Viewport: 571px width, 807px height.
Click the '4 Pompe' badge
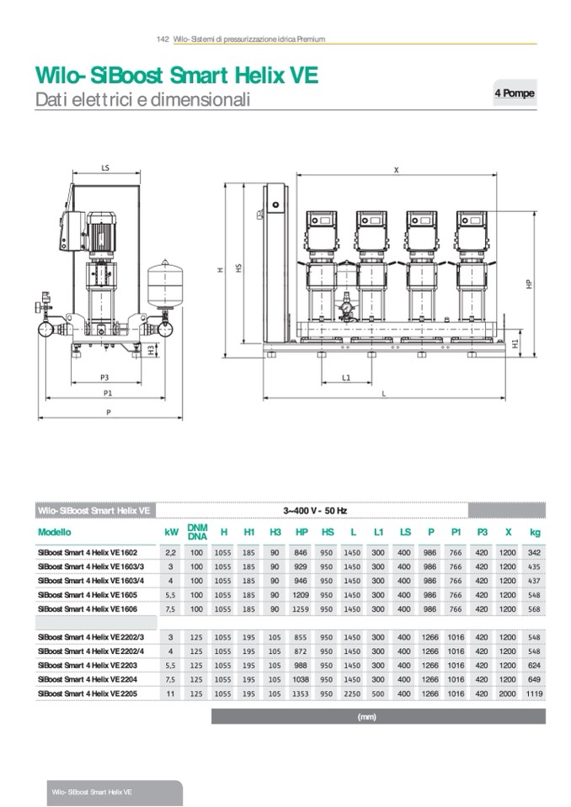pyautogui.click(x=514, y=94)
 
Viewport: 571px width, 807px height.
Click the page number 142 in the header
pyautogui.click(x=163, y=40)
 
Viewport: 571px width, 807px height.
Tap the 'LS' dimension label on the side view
pyautogui.click(x=105, y=168)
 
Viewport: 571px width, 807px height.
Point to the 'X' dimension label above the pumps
pyautogui.click(x=396, y=170)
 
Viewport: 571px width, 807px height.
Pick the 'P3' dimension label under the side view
pyautogui.click(x=104, y=378)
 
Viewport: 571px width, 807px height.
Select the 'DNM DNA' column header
pyautogui.click(x=197, y=532)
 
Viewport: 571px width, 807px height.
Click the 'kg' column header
pyautogui.click(x=534, y=532)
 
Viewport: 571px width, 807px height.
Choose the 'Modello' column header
pyautogui.click(x=55, y=532)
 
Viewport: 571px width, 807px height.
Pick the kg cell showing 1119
pyautogui.click(x=534, y=694)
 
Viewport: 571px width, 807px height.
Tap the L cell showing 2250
pyautogui.click(x=353, y=694)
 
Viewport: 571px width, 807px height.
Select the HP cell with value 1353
pyautogui.click(x=302, y=694)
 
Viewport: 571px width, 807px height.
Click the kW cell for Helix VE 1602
pyautogui.click(x=171, y=553)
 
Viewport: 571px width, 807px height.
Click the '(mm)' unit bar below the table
pyautogui.click(x=366, y=717)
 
